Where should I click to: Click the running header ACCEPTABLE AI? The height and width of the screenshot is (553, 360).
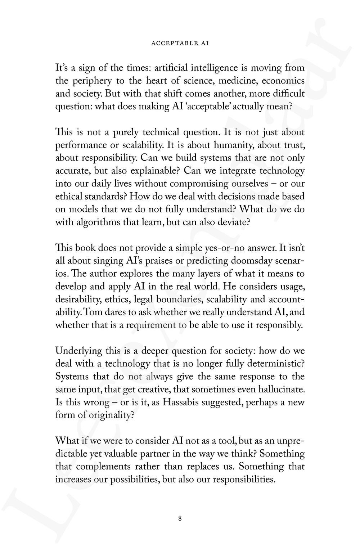[180, 43]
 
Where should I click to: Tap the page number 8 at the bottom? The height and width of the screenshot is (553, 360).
[180, 518]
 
